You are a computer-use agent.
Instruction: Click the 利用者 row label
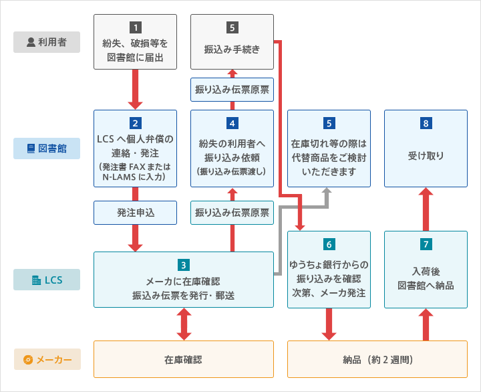point(47,42)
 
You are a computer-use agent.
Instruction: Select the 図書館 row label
point(47,148)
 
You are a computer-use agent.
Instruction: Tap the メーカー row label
point(47,359)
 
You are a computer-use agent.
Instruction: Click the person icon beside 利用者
point(31,42)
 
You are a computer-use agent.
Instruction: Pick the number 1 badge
point(136,27)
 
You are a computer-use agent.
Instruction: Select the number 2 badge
point(136,123)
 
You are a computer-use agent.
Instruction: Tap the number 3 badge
point(184,265)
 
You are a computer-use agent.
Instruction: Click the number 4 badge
point(232,123)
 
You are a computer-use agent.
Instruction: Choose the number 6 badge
point(329,243)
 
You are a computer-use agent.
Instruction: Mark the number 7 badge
point(426,243)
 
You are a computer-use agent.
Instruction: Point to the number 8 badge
point(426,123)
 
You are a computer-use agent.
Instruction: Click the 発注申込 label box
point(136,213)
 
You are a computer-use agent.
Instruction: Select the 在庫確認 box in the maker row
point(184,359)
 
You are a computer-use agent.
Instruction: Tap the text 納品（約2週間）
point(377,359)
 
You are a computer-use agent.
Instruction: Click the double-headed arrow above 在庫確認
point(184,324)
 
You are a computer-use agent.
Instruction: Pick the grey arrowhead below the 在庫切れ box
point(328,193)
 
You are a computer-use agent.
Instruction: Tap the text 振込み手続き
point(232,49)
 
